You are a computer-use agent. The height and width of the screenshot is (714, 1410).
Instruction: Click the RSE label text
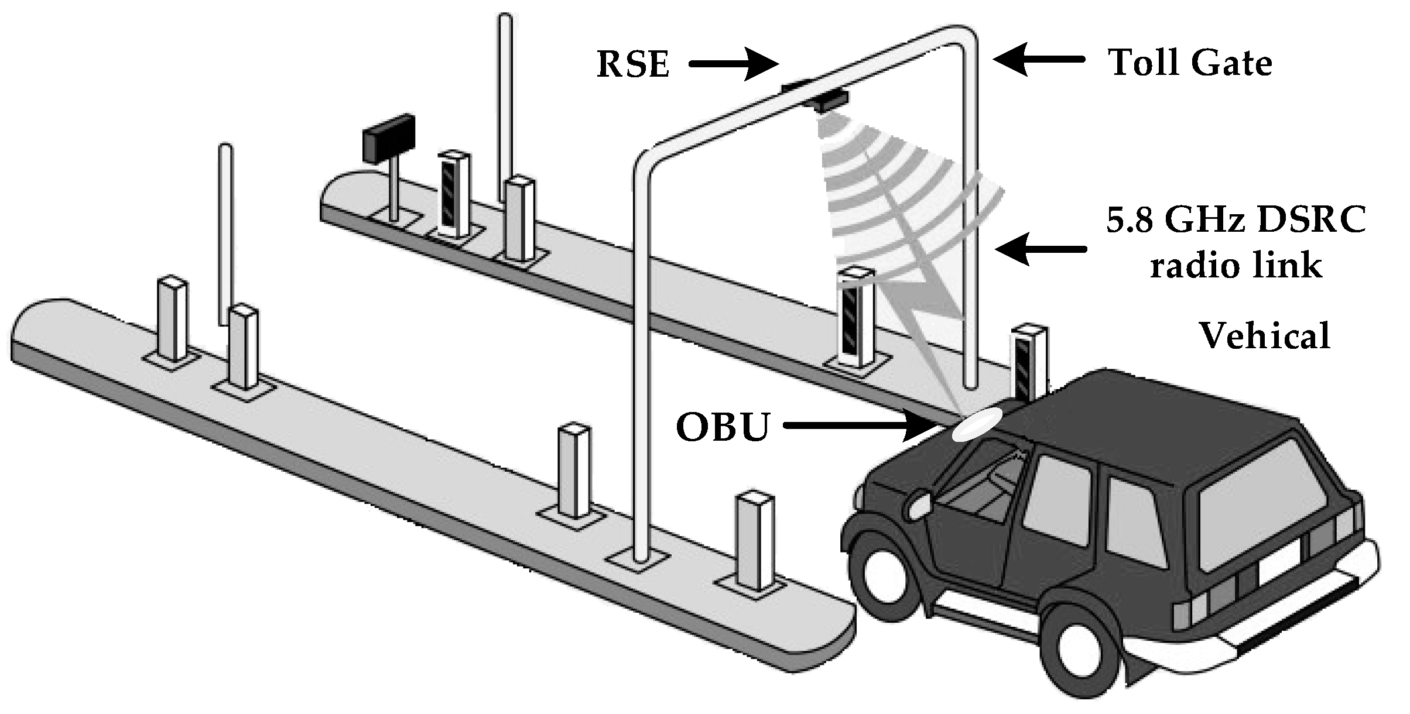[633, 64]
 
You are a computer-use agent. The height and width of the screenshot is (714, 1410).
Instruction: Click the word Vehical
[1265, 335]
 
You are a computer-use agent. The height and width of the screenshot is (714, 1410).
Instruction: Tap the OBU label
[723, 427]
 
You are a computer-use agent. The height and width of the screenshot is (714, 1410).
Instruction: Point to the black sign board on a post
[389, 138]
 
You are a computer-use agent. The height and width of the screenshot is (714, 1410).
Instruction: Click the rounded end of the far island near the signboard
[340, 193]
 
